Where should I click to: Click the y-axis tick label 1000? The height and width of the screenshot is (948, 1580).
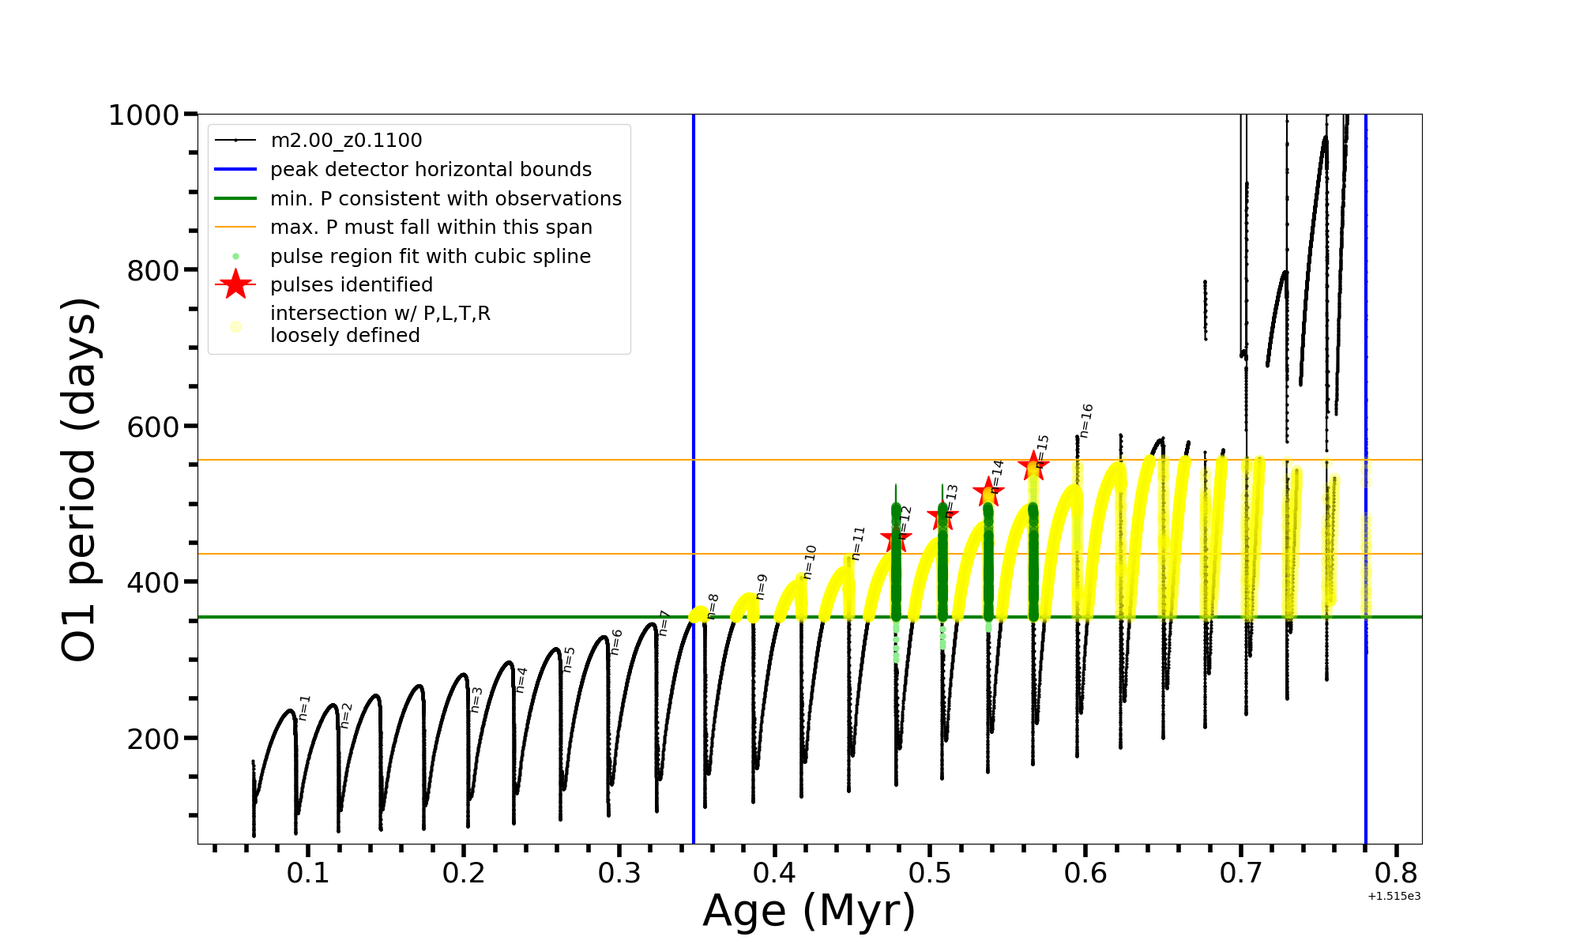click(x=143, y=115)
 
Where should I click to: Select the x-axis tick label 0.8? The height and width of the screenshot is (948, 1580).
click(x=1396, y=873)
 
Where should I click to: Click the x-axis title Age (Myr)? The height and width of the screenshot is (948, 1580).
click(x=809, y=910)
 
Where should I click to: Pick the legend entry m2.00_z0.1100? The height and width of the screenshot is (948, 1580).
click(x=346, y=141)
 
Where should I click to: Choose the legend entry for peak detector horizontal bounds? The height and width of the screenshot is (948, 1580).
click(x=431, y=170)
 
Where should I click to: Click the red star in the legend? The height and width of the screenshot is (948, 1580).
click(x=235, y=284)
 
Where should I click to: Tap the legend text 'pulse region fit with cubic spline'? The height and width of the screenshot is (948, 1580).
click(x=431, y=257)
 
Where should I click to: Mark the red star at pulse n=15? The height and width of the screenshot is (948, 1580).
click(x=1033, y=466)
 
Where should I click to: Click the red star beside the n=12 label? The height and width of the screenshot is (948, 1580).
click(x=896, y=540)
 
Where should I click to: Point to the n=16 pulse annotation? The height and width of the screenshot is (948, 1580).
click(x=1086, y=420)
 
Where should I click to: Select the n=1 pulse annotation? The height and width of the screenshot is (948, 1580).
click(x=305, y=708)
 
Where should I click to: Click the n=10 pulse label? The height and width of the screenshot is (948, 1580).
click(x=810, y=562)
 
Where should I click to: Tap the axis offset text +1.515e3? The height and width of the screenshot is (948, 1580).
click(x=1394, y=896)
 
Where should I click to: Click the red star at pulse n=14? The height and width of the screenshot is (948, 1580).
click(x=988, y=493)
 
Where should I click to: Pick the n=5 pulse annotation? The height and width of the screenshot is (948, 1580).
click(x=569, y=660)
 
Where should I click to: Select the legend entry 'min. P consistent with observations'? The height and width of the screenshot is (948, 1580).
click(x=446, y=199)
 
